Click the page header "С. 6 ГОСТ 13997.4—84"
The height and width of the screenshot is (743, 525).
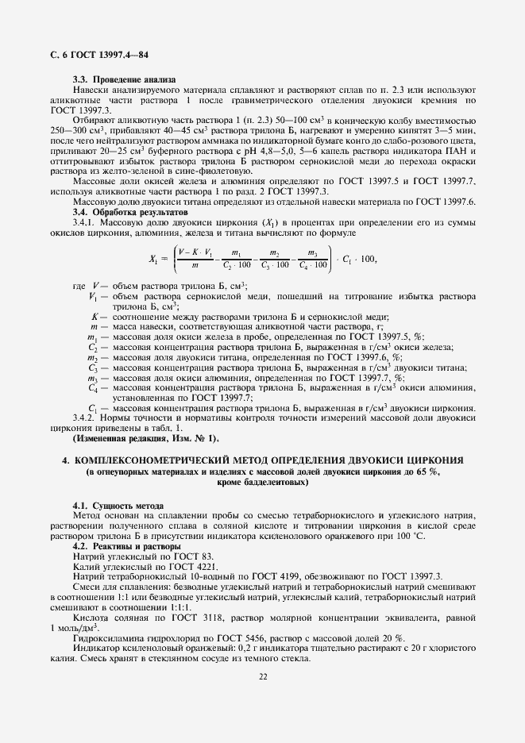click(99, 55)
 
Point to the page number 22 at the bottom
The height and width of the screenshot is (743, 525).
click(262, 676)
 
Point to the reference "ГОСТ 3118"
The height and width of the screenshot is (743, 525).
click(199, 618)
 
